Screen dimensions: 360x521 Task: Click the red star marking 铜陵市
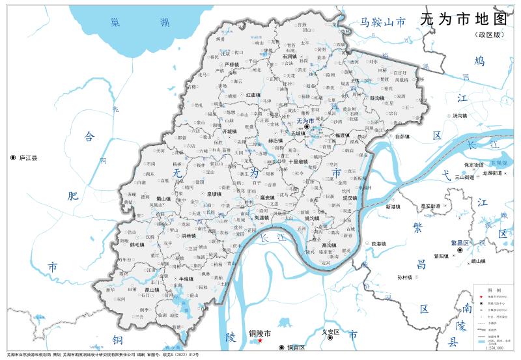[260, 340]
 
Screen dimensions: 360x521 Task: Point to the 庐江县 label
[27, 158]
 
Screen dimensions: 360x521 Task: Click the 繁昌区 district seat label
[461, 242]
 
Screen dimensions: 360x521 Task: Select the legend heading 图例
[494, 289]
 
